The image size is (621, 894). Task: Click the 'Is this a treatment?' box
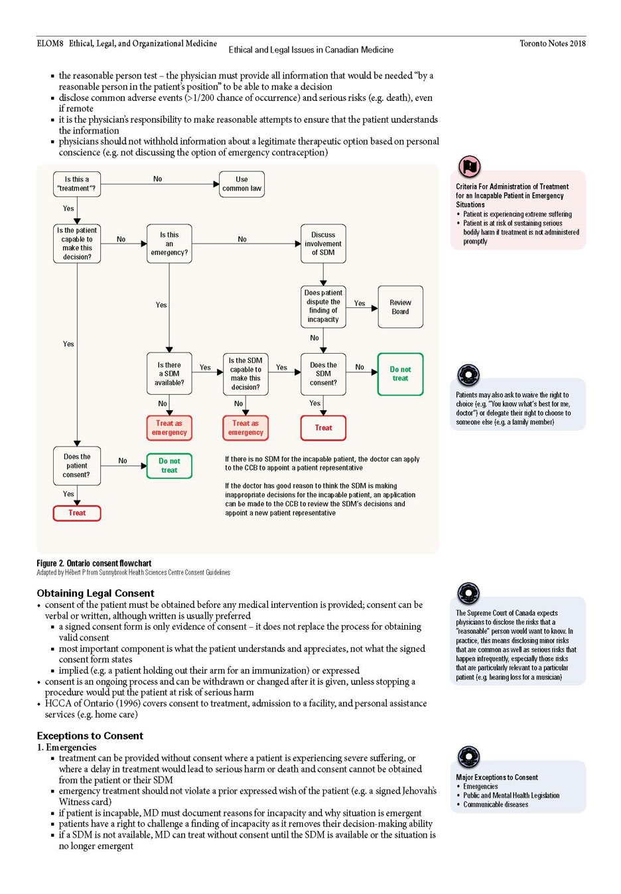pyautogui.click(x=76, y=184)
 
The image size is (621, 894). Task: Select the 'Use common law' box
pyautogui.click(x=241, y=184)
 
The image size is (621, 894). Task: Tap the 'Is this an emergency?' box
pyautogui.click(x=169, y=244)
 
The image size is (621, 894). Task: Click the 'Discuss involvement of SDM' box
pyautogui.click(x=323, y=244)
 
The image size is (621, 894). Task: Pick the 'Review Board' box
pyautogui.click(x=400, y=307)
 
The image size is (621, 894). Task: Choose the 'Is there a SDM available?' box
pyautogui.click(x=169, y=374)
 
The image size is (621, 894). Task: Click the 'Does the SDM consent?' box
pyautogui.click(x=323, y=374)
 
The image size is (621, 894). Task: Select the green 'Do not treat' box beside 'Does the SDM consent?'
pyautogui.click(x=400, y=374)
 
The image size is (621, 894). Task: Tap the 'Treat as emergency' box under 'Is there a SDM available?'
pyautogui.click(x=169, y=428)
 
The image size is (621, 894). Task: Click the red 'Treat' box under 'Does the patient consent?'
pyautogui.click(x=76, y=513)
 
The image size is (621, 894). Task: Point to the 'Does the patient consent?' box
pyautogui.click(x=76, y=466)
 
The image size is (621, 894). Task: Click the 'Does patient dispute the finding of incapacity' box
pyautogui.click(x=323, y=307)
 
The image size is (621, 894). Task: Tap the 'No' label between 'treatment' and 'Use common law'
pyautogui.click(x=157, y=179)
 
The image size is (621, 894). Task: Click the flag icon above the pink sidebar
pyautogui.click(x=469, y=167)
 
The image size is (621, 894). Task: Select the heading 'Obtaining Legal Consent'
pyautogui.click(x=96, y=593)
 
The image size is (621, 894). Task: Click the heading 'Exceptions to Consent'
pyautogui.click(x=90, y=735)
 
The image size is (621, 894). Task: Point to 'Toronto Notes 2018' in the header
pyautogui.click(x=553, y=43)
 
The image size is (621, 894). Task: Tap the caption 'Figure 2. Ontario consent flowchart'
pyautogui.click(x=94, y=563)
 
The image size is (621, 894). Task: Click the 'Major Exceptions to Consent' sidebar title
pyautogui.click(x=496, y=777)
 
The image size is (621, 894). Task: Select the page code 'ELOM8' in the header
pyautogui.click(x=50, y=43)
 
